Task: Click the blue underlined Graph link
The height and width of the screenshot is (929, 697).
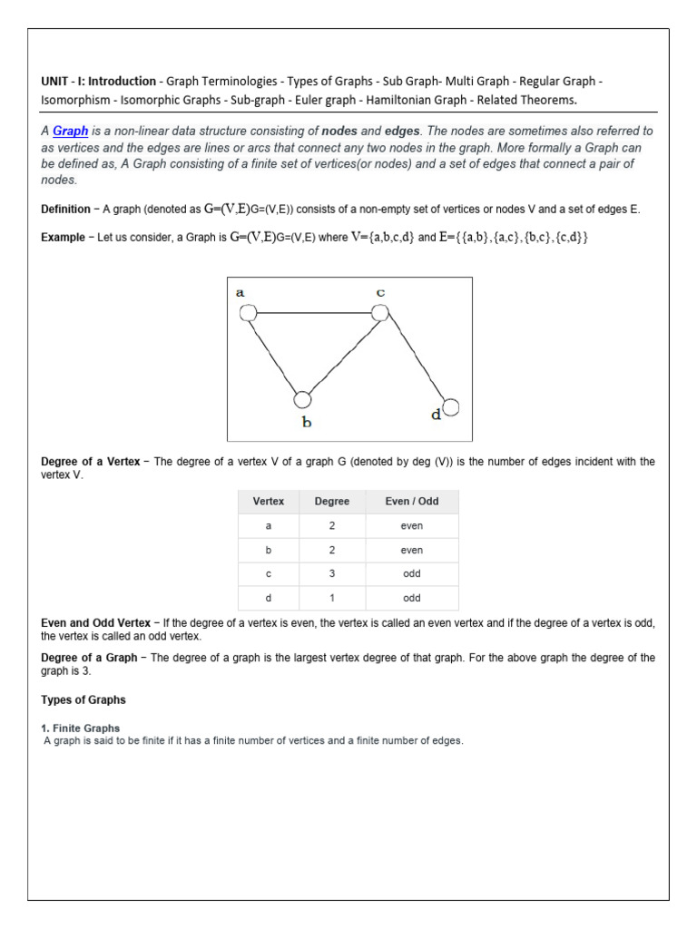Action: pyautogui.click(x=70, y=131)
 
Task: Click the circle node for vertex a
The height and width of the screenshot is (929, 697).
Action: pyautogui.click(x=247, y=313)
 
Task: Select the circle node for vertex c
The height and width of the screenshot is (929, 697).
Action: pyautogui.click(x=380, y=312)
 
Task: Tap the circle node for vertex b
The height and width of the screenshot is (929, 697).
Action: pyautogui.click(x=303, y=399)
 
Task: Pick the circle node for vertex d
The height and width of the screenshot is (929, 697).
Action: pyautogui.click(x=450, y=406)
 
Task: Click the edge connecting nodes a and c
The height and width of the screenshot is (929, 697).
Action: pyautogui.click(x=313, y=313)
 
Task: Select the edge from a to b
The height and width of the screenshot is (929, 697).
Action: pyautogui.click(x=274, y=356)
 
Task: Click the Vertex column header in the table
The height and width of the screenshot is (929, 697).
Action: pyautogui.click(x=269, y=502)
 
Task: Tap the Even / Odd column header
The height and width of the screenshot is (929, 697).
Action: pyautogui.click(x=411, y=502)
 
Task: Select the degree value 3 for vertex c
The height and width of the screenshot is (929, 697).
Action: pyautogui.click(x=331, y=574)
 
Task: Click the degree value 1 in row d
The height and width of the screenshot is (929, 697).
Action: pyautogui.click(x=331, y=598)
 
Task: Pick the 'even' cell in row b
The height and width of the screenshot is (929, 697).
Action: pyautogui.click(x=411, y=550)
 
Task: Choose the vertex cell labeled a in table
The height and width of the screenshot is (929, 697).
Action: pyautogui.click(x=269, y=526)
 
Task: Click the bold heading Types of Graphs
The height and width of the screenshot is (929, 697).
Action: pyautogui.click(x=83, y=700)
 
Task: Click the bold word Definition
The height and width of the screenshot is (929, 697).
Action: pyautogui.click(x=65, y=210)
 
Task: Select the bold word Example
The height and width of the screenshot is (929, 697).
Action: pyautogui.click(x=63, y=237)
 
